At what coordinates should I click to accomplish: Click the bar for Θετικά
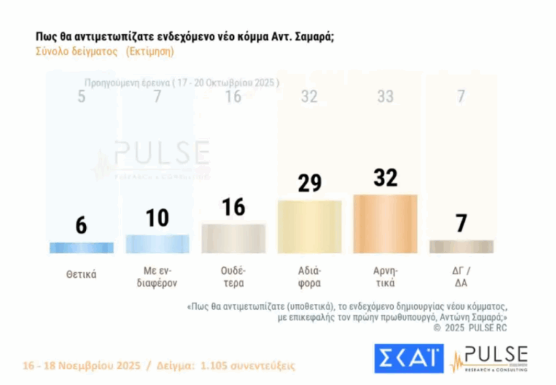click(x=81, y=247)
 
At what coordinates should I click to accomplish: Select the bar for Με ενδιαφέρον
click(x=157, y=244)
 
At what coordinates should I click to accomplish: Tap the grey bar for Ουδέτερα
click(x=234, y=238)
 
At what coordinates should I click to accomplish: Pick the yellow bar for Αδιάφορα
click(x=310, y=227)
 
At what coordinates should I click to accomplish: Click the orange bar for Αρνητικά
click(x=386, y=224)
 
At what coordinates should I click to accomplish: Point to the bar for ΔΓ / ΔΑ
click(x=462, y=247)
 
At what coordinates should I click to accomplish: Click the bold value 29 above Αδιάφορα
click(x=310, y=182)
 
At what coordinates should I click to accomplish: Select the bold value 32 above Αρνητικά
click(x=386, y=177)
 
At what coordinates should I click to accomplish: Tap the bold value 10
click(x=157, y=217)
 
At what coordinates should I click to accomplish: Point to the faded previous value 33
click(x=386, y=97)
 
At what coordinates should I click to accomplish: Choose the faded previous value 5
click(x=81, y=97)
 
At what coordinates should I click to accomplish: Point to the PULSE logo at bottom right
click(x=490, y=358)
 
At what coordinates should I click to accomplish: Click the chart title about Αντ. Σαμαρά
click(x=184, y=36)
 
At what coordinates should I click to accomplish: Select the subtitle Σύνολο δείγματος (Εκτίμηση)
click(x=104, y=52)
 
